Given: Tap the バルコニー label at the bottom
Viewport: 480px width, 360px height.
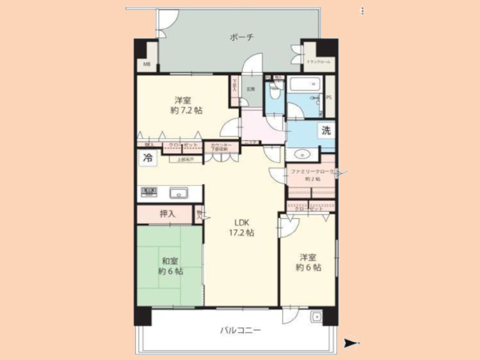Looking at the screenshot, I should pyautogui.click(x=240, y=330).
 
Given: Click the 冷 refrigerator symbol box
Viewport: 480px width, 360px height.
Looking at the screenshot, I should pyautogui.click(x=147, y=158).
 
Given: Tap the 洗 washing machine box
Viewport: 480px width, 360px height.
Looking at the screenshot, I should pyautogui.click(x=326, y=131).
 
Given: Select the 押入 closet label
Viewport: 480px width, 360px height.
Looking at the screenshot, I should pyautogui.click(x=167, y=214).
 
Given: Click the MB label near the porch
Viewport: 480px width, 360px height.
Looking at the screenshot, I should pyautogui.click(x=146, y=65).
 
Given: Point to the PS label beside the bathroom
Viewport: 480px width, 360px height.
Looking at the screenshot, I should pyautogui.click(x=329, y=98).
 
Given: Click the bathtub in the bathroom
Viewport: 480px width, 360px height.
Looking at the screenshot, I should pyautogui.click(x=305, y=85).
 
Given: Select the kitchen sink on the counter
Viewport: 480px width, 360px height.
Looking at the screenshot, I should pyautogui.click(x=178, y=193).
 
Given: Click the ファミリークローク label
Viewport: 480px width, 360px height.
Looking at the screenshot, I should pyautogui.click(x=311, y=171).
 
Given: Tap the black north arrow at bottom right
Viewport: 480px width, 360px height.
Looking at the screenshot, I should pyautogui.click(x=352, y=343).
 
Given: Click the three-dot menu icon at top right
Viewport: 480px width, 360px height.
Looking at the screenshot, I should pyautogui.click(x=363, y=10).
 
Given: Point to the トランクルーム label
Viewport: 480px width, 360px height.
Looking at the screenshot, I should pyautogui.click(x=315, y=63).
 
